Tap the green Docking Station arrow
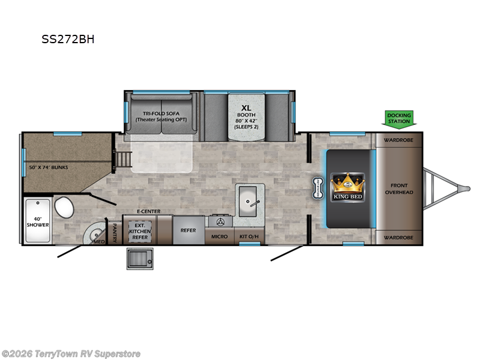[x=398, y=118]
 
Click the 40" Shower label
[x=37, y=221]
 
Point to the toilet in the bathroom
[x=63, y=209]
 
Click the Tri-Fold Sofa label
[x=161, y=116]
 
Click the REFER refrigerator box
[x=189, y=229]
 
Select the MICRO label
[x=219, y=236]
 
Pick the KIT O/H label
[x=248, y=236]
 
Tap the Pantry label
[x=115, y=230]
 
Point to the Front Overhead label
[x=398, y=189]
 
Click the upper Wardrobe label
[x=398, y=142]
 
